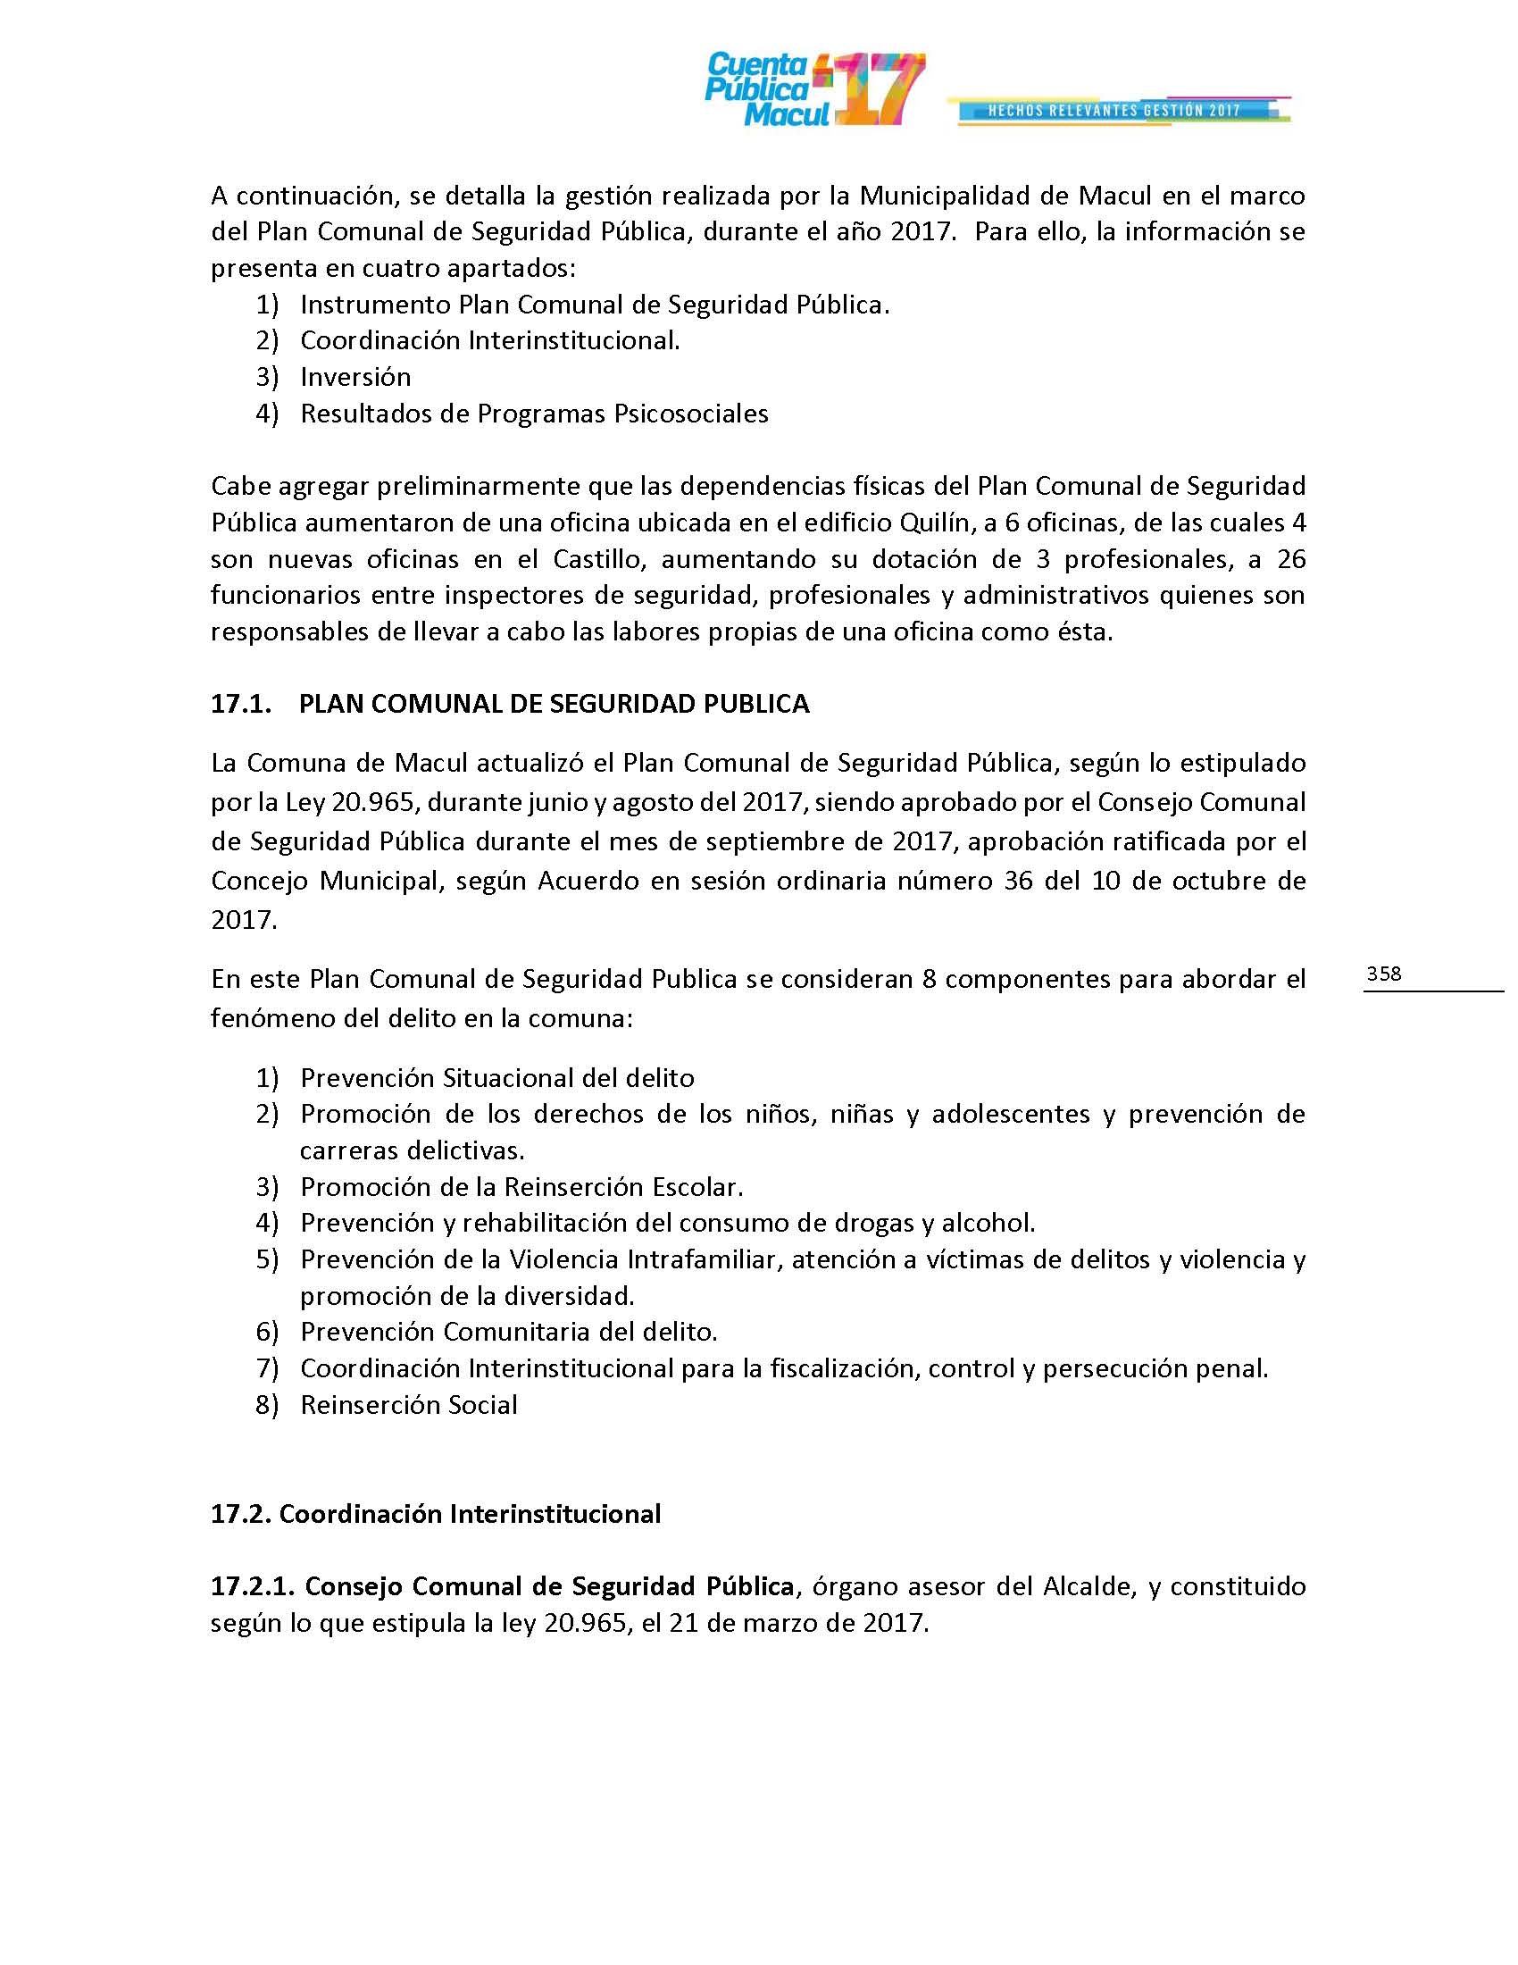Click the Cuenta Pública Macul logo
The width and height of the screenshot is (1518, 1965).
(813, 89)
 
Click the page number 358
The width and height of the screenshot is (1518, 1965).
(1384, 974)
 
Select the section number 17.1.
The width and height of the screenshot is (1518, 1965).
(240, 704)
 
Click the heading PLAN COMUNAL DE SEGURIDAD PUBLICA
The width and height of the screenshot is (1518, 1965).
(554, 704)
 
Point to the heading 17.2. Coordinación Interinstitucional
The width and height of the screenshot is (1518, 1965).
(436, 1514)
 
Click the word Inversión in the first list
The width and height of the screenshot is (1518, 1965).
(355, 377)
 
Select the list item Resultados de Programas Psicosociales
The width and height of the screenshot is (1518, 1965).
(534, 414)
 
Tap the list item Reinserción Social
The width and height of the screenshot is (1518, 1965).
(409, 1405)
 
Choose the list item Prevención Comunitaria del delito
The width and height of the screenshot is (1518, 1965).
(509, 1332)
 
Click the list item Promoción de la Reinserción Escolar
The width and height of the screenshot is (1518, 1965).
(521, 1187)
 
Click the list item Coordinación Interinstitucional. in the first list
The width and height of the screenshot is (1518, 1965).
(490, 341)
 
